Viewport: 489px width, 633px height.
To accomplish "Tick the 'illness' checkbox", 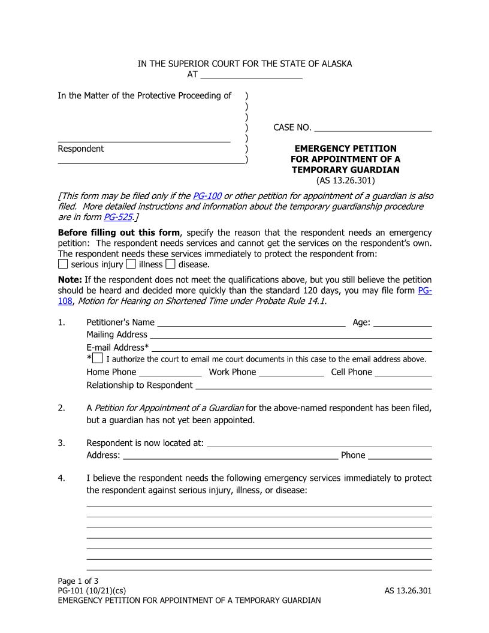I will [x=131, y=264].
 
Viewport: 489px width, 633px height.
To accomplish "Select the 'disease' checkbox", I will [x=170, y=264].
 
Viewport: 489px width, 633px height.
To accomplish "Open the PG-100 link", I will [x=204, y=196].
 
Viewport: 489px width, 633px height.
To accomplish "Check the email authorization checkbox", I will [x=98, y=359].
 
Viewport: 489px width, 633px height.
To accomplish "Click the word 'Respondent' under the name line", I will [x=80, y=149].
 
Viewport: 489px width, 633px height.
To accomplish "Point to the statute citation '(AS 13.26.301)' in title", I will [x=345, y=180].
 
